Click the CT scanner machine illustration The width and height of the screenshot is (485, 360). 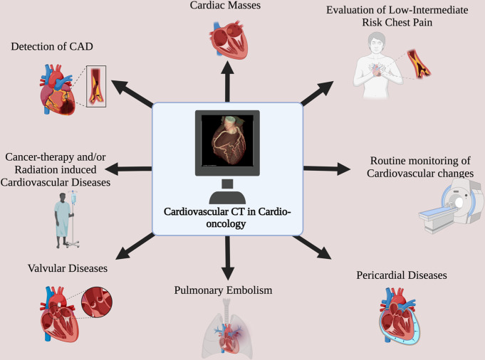click(x=449, y=206)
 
